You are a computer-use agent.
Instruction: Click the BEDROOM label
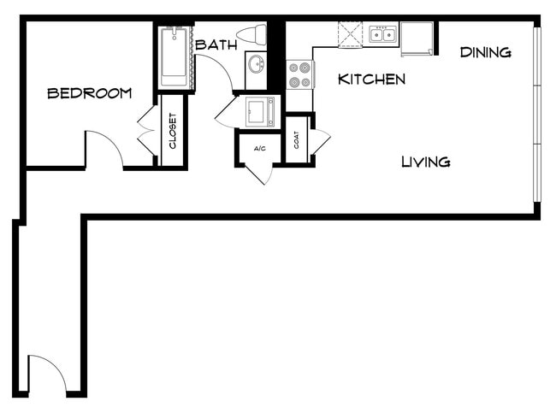click(89, 93)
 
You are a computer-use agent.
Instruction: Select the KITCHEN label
click(371, 80)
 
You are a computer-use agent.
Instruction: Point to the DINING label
click(486, 53)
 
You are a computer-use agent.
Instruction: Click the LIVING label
click(426, 162)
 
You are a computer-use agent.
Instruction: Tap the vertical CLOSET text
click(173, 131)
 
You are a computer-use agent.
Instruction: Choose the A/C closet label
click(260, 148)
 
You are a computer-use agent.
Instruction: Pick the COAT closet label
click(297, 140)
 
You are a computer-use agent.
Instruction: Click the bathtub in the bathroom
click(174, 56)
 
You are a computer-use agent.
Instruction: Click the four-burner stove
click(299, 75)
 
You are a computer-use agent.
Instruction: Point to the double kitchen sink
click(382, 35)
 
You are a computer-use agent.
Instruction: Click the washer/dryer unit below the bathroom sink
click(260, 111)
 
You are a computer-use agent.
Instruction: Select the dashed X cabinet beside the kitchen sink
click(351, 35)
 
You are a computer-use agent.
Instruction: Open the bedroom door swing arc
click(104, 146)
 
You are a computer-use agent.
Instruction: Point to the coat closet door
click(320, 142)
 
